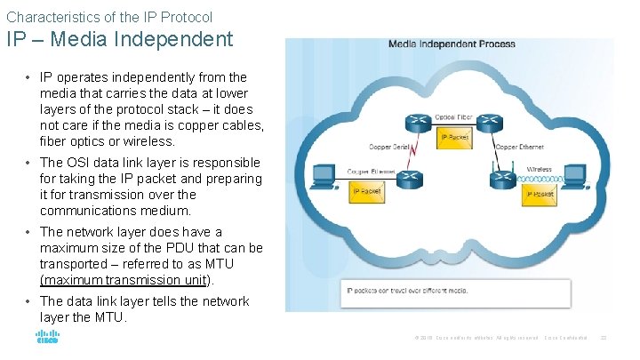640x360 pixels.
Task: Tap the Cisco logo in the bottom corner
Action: [46, 338]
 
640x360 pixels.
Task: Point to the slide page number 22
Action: [604, 338]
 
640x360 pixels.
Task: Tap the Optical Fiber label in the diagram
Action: [452, 116]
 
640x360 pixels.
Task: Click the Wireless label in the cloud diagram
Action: [539, 169]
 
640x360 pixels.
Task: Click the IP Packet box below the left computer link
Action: [367, 191]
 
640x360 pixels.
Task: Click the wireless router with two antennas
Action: [500, 177]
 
